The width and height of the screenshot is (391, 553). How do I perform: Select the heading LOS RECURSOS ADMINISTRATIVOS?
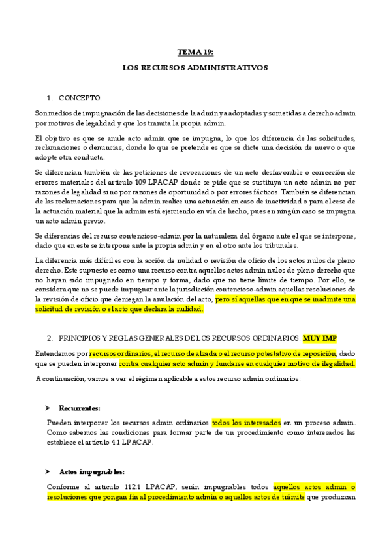[x=195, y=67]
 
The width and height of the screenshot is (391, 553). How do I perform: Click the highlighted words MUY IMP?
[x=320, y=339]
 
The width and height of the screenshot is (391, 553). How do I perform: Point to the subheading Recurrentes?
[x=80, y=408]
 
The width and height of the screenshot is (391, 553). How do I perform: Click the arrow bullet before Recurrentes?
[x=48, y=408]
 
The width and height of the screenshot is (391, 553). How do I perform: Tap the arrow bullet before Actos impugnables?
[x=48, y=471]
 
